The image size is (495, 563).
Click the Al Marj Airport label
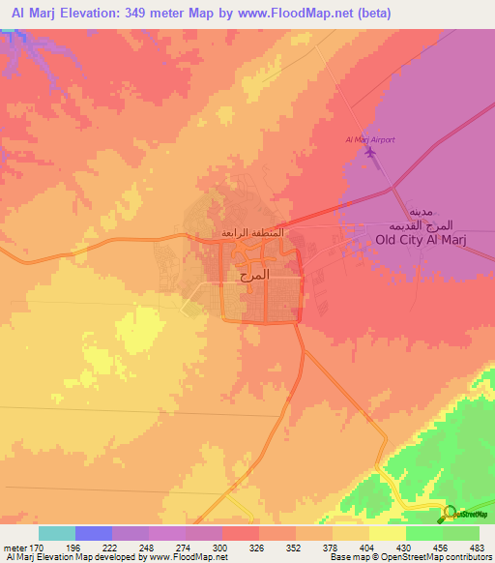click(x=370, y=140)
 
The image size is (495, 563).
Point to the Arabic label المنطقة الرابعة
click(x=253, y=233)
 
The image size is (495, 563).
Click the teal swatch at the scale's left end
click(x=57, y=533)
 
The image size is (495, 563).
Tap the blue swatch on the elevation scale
click(x=94, y=533)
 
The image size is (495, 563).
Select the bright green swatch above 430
click(x=424, y=533)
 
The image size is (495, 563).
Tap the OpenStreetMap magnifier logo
click(x=450, y=513)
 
